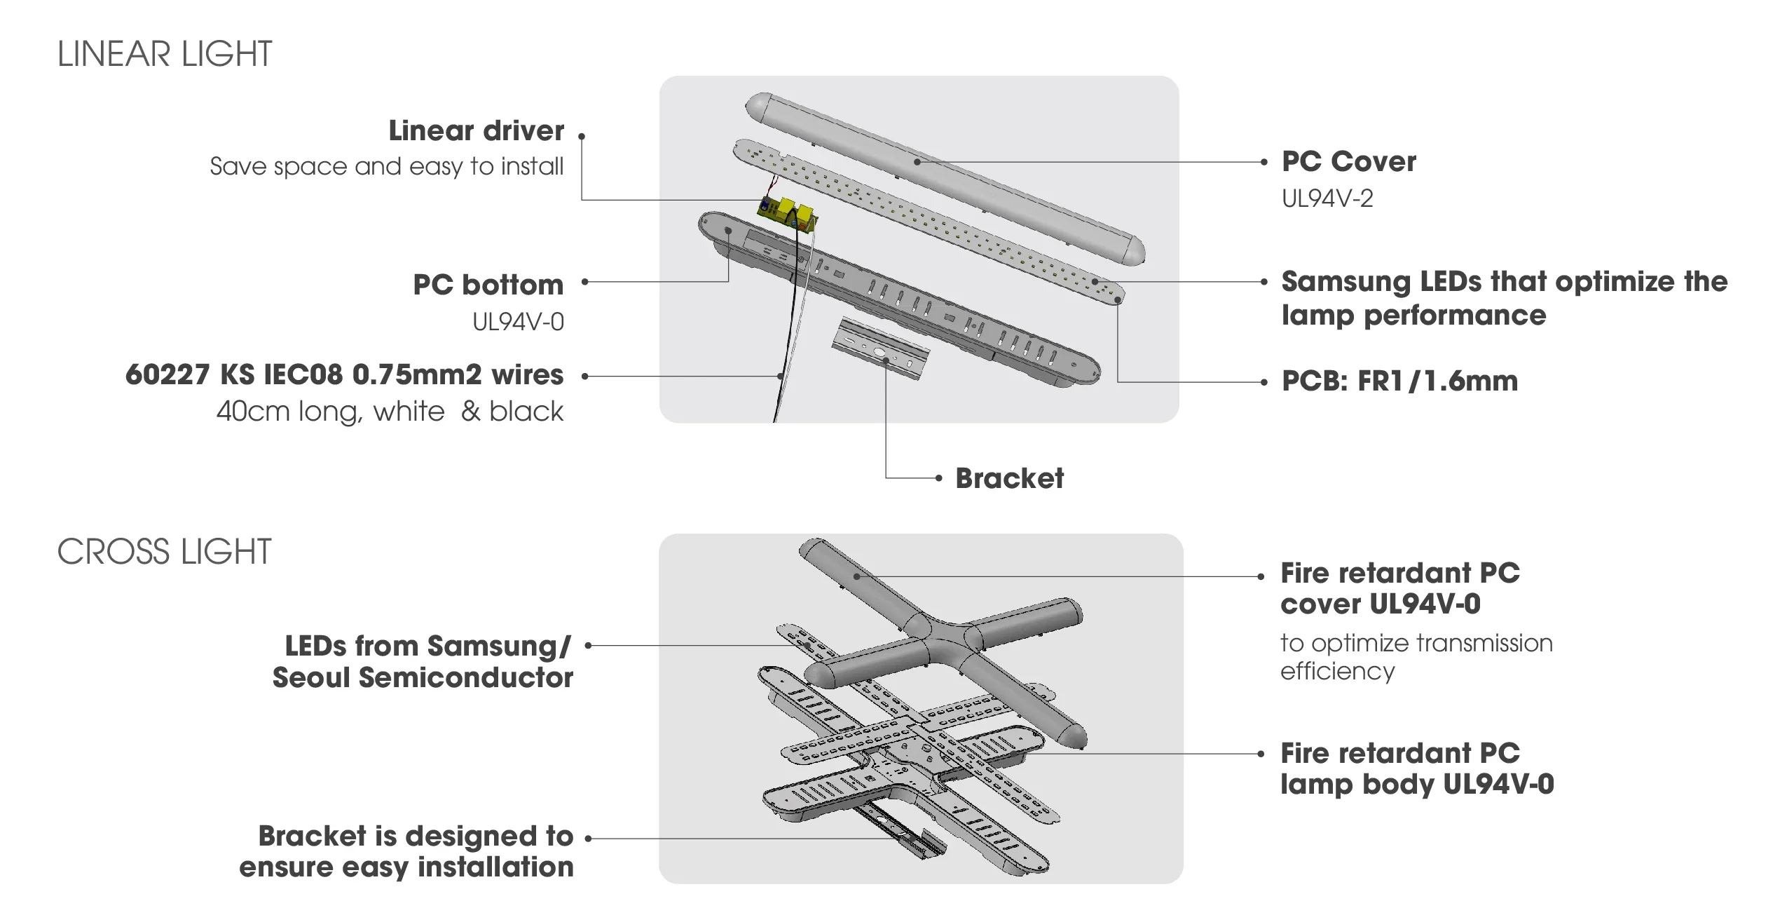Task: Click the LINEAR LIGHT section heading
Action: pos(165,55)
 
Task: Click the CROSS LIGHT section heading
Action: pos(164,552)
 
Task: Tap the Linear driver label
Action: pos(476,131)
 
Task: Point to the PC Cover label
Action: pos(1348,162)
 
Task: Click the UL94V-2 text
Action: pos(1327,199)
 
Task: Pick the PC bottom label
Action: pos(488,285)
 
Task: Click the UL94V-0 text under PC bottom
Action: pos(518,323)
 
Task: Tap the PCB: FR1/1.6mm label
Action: pos(1399,381)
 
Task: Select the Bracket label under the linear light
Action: pos(1009,479)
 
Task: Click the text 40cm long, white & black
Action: pos(390,412)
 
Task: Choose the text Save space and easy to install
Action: pos(386,167)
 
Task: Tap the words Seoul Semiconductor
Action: pos(423,678)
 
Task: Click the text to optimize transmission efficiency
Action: pos(1416,657)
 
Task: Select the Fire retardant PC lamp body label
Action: pos(1416,768)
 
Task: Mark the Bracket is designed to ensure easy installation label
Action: pos(406,851)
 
